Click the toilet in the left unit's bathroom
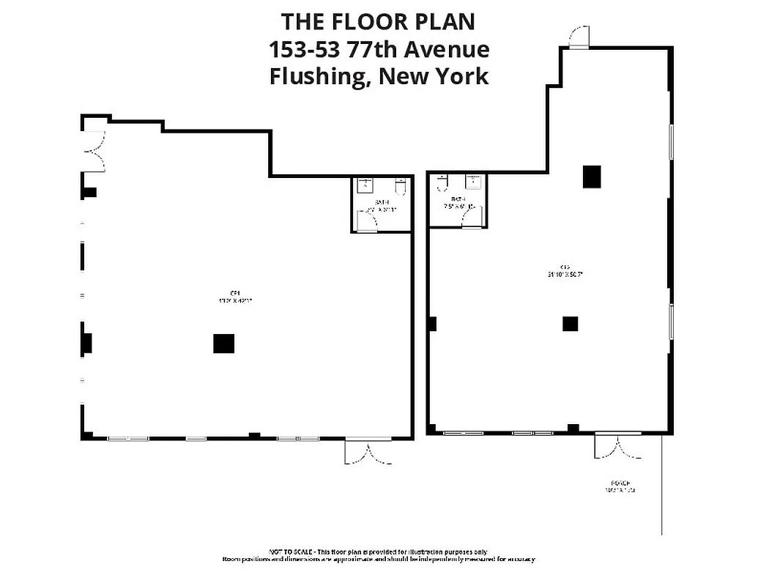[400, 188]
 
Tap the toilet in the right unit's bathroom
[442, 184]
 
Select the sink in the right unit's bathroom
[475, 183]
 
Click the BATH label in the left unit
[382, 201]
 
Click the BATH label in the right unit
[458, 199]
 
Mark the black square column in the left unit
[223, 344]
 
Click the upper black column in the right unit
[592, 177]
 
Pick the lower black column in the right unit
[571, 323]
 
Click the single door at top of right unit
[579, 37]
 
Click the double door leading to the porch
[618, 446]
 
